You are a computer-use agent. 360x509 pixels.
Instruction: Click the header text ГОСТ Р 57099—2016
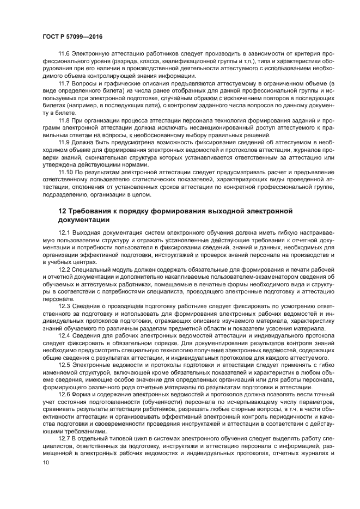point(72,36)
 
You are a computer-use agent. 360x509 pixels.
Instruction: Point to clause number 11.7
point(64,83)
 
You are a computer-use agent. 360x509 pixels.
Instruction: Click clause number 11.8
point(64,120)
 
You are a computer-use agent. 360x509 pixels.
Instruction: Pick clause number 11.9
point(64,140)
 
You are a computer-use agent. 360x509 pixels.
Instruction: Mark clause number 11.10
point(66,170)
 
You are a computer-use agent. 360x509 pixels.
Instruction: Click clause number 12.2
point(64,269)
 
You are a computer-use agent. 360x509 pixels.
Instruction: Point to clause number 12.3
point(64,306)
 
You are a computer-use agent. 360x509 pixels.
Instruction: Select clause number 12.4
point(64,336)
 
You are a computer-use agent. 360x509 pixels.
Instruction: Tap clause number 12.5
point(64,365)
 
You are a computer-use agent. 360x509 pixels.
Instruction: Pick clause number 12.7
point(64,438)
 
